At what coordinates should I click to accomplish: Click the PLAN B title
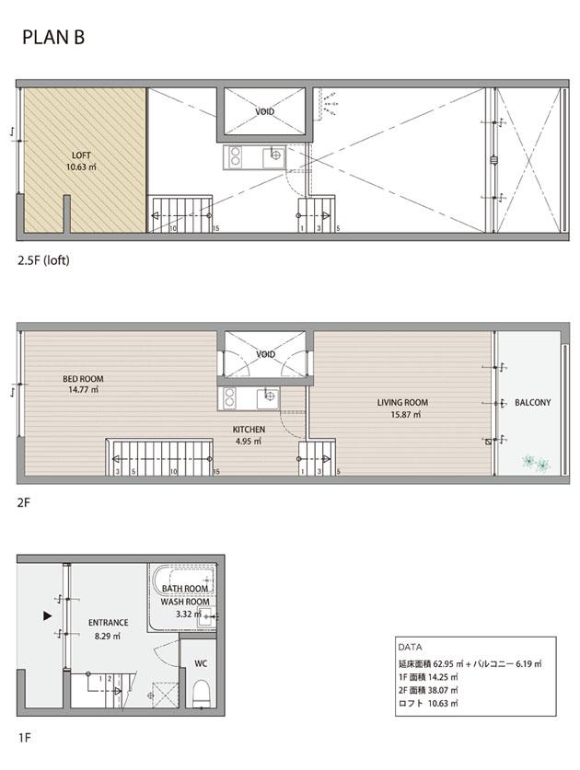[x=53, y=38]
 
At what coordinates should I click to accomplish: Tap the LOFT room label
[x=81, y=155]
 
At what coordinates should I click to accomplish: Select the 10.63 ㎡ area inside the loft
[x=81, y=167]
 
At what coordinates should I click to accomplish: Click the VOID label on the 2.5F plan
[x=264, y=112]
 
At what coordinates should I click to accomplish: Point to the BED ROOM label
[x=83, y=379]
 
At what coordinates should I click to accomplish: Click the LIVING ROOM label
[x=402, y=402]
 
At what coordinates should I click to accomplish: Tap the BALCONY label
[x=533, y=402]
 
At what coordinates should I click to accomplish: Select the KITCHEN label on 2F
[x=249, y=430]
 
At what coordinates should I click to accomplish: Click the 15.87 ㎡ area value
[x=406, y=415]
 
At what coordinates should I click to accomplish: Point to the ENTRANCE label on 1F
[x=108, y=622]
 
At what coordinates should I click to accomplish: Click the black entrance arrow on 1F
[x=47, y=615]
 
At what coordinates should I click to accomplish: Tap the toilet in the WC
[x=202, y=693]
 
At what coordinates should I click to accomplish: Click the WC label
[x=201, y=663]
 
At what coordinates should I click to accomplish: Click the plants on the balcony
[x=536, y=463]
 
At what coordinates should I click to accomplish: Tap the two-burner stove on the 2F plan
[x=229, y=397]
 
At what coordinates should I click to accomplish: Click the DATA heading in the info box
[x=410, y=648]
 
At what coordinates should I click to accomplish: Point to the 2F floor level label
[x=24, y=502]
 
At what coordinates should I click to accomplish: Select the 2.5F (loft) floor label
[x=43, y=260]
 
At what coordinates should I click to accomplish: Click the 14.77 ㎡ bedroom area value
[x=83, y=390]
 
